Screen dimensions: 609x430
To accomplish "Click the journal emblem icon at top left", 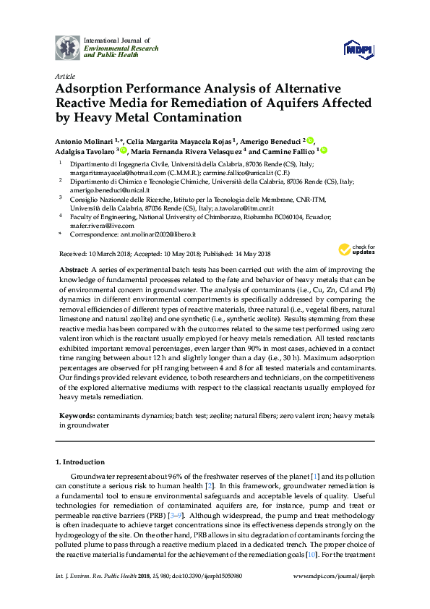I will point(69,48).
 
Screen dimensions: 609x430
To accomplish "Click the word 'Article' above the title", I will point(64,76).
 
